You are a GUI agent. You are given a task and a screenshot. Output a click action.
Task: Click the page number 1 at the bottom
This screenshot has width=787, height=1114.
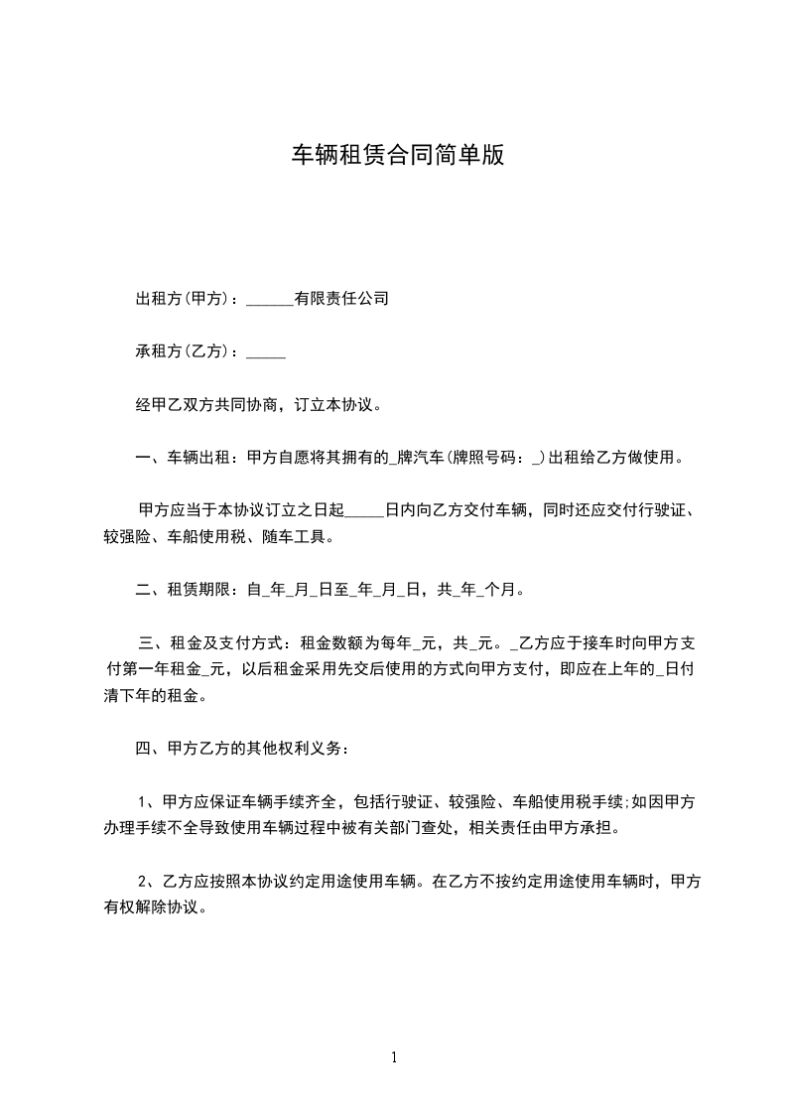(394, 1057)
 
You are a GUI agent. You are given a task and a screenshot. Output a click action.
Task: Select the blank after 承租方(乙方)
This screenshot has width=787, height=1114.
(266, 352)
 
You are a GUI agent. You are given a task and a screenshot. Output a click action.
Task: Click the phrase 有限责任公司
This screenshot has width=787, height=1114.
(341, 298)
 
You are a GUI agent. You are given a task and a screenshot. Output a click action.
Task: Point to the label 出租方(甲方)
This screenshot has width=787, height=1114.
(186, 298)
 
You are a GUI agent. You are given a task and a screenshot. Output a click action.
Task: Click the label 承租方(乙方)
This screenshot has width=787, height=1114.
(186, 351)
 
